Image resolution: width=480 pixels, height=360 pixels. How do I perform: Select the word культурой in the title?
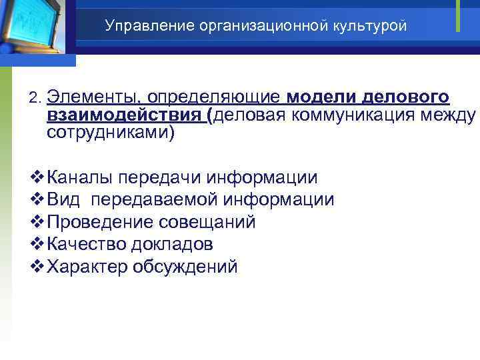[370, 26]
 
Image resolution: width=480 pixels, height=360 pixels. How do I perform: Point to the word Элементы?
[93, 99]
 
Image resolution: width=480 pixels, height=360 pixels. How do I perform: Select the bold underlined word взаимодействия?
[125, 116]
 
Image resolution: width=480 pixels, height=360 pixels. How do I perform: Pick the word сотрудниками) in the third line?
[111, 133]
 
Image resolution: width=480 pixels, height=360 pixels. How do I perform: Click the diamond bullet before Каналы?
[37, 178]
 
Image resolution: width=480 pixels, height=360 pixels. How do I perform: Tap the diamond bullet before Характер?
[37, 267]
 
